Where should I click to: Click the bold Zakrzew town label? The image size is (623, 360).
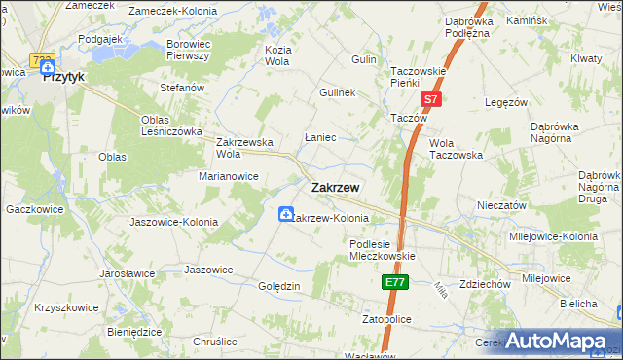click(336, 188)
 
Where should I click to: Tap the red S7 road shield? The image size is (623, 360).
click(432, 99)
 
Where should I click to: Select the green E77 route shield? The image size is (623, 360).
click(393, 282)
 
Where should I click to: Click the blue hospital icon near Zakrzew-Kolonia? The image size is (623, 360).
click(286, 214)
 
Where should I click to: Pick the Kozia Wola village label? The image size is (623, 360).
click(279, 55)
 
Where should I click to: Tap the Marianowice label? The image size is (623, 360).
click(229, 176)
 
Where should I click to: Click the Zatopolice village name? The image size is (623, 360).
click(387, 318)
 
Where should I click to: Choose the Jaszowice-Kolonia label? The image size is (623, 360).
click(173, 222)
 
